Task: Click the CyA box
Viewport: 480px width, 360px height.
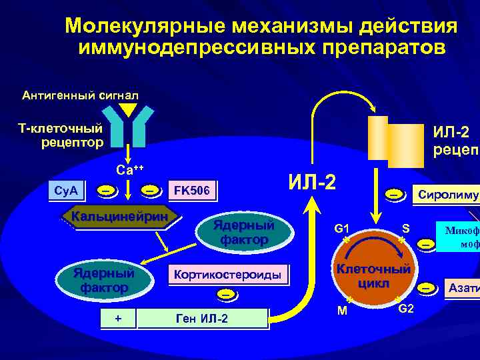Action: click(66, 191)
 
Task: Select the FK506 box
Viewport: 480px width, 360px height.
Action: click(192, 191)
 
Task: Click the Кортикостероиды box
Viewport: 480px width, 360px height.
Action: click(227, 275)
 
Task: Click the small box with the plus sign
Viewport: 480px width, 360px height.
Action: click(118, 318)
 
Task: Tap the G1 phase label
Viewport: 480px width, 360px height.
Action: click(342, 229)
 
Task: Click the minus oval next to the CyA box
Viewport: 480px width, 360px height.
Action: click(106, 191)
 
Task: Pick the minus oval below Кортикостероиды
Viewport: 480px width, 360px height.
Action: click(227, 293)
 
